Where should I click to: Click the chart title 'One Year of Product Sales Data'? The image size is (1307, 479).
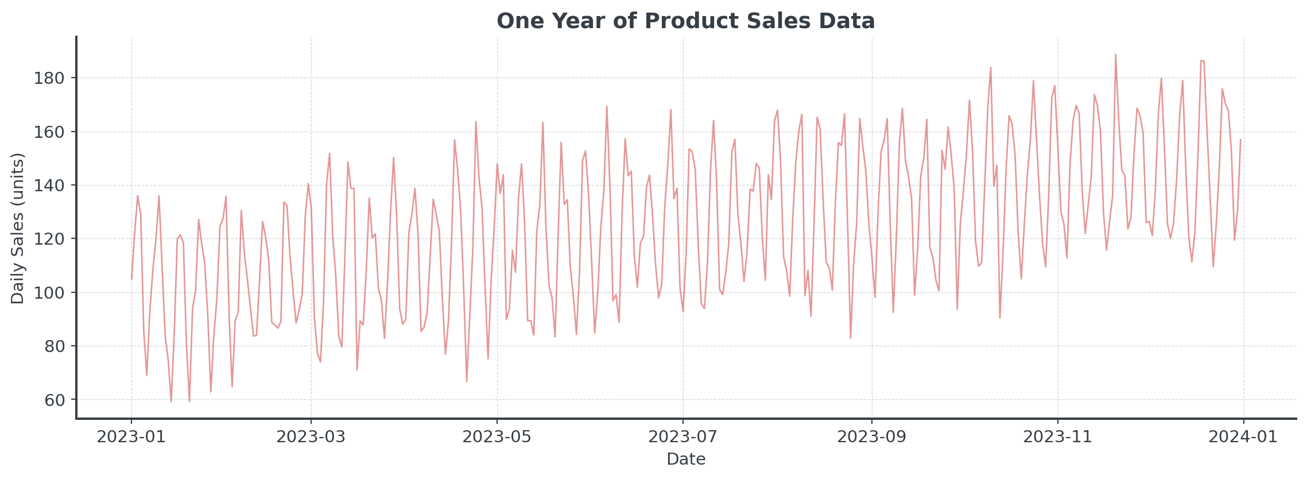[x=685, y=21]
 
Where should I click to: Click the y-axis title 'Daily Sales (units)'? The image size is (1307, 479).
[x=18, y=228]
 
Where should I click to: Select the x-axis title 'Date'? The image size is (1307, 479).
[x=685, y=459]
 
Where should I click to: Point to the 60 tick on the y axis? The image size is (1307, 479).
[x=55, y=400]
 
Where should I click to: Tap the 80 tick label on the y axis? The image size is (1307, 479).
[x=55, y=346]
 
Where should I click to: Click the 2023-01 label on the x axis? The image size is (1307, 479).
[x=131, y=437]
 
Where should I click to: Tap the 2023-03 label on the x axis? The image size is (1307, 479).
[x=311, y=437]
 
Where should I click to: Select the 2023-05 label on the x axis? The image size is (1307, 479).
[x=497, y=437]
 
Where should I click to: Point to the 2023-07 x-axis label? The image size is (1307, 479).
[x=683, y=437]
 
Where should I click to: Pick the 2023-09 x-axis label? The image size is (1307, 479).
[x=872, y=437]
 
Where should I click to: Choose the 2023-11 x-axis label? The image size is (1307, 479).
[x=1058, y=437]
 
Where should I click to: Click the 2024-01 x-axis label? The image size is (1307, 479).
[x=1243, y=437]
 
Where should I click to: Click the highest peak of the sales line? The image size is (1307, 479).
[x=1115, y=55]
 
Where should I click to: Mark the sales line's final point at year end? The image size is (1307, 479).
[x=1240, y=140]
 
